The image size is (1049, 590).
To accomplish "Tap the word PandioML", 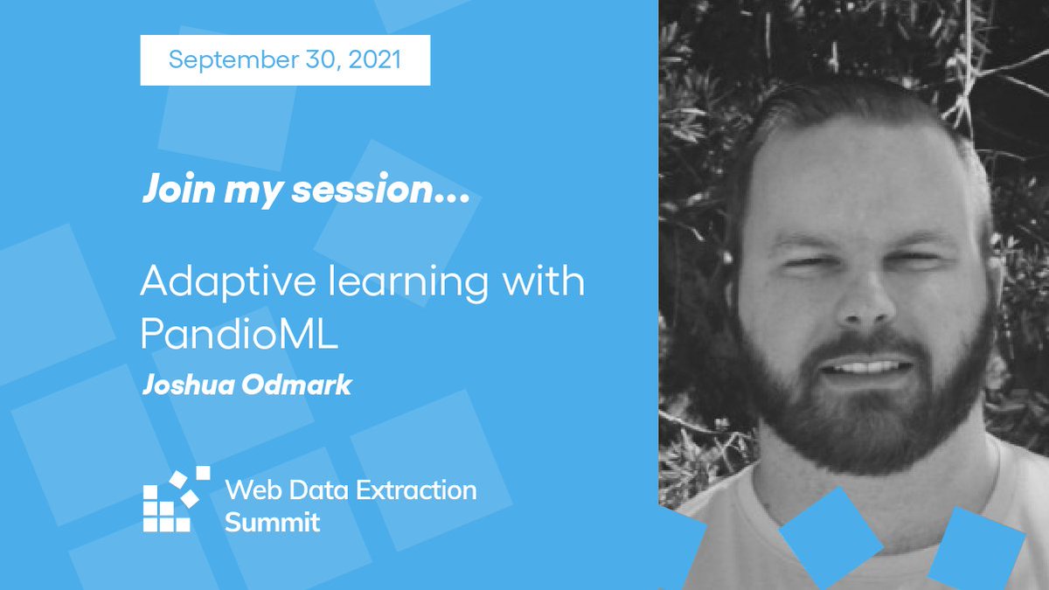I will [239, 337].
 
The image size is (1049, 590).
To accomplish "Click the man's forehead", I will [861, 175].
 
